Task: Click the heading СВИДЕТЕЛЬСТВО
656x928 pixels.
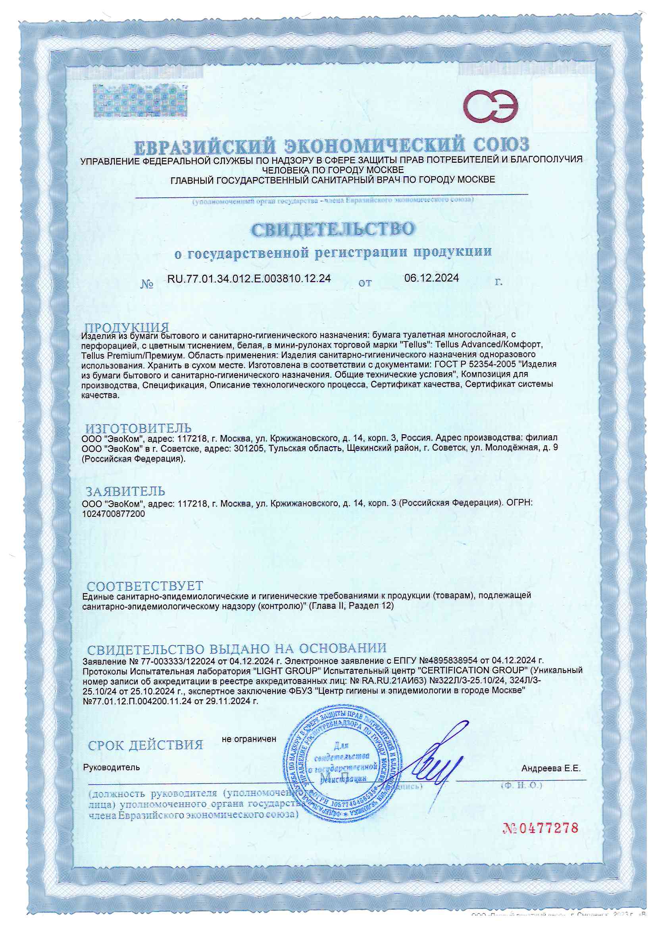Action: [332, 229]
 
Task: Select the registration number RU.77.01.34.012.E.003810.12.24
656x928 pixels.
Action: [249, 278]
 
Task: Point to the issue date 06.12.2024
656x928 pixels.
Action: [431, 278]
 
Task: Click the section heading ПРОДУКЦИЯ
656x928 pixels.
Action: [127, 327]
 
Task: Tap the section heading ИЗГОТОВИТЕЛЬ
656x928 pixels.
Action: [138, 428]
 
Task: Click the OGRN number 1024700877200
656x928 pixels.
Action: [113, 514]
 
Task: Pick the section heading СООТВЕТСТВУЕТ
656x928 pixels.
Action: [145, 586]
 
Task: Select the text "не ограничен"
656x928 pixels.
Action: [249, 739]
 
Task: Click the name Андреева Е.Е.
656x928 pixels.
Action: [550, 768]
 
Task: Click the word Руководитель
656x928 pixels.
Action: [111, 767]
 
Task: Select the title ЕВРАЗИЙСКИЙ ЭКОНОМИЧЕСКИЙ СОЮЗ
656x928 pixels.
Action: [331, 146]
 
